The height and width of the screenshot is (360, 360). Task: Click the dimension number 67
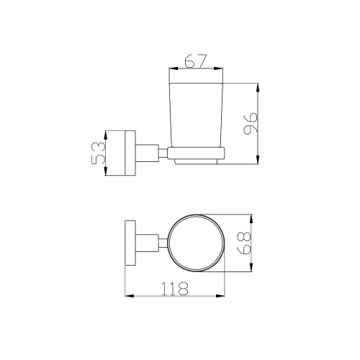tap(196, 61)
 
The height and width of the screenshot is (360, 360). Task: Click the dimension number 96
tap(251, 123)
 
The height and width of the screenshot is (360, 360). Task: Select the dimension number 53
tap(99, 153)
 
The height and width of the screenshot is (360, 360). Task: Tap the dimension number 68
tap(244, 243)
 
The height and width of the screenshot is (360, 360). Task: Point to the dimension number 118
tap(174, 289)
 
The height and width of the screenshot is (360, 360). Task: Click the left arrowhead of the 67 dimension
tap(174, 68)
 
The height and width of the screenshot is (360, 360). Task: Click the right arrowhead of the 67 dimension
tap(219, 68)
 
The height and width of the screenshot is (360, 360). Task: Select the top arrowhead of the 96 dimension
tap(258, 87)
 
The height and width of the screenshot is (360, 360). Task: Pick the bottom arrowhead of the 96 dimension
tap(258, 160)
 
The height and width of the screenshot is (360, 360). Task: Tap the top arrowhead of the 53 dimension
tap(106, 135)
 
